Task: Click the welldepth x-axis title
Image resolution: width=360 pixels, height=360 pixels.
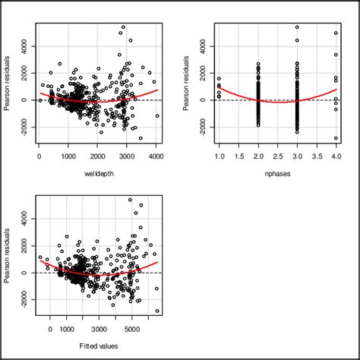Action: (98, 176)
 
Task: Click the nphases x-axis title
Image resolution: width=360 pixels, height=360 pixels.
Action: (276, 176)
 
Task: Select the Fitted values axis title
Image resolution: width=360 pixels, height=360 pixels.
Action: (98, 347)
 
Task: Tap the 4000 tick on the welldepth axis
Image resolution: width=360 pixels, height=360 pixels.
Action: (156, 156)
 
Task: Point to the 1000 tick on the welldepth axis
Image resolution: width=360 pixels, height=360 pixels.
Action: (69, 156)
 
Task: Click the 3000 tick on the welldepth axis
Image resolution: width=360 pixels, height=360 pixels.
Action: (127, 156)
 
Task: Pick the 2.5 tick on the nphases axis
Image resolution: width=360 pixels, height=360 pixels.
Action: (276, 156)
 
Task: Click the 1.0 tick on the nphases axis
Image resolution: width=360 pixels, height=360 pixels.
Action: (219, 156)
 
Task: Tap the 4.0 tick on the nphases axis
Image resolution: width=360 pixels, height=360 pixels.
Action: (335, 156)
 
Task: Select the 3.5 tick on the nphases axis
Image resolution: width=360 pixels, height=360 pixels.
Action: (316, 156)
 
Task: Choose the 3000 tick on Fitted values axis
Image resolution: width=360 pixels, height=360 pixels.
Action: (101, 328)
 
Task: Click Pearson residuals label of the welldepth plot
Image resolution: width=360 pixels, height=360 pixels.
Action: (8, 86)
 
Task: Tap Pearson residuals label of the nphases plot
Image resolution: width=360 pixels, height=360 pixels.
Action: (187, 86)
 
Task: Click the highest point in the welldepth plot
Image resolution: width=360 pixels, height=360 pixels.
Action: (123, 27)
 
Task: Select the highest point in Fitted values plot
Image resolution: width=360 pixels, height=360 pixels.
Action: (130, 200)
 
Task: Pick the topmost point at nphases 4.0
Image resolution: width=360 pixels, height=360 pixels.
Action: (335, 33)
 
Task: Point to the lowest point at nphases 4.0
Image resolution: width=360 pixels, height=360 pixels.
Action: (335, 137)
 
